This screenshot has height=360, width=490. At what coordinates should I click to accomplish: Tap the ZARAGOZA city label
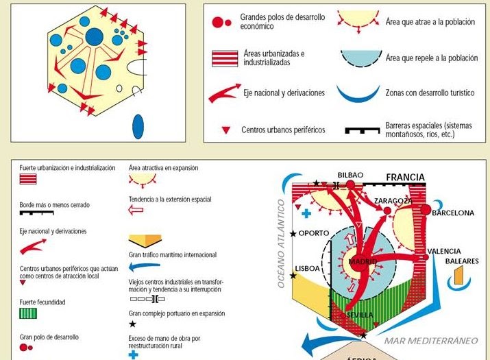[x=393, y=200]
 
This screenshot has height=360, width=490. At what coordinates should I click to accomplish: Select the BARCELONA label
[x=452, y=213]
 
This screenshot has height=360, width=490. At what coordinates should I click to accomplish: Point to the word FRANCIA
[x=405, y=177]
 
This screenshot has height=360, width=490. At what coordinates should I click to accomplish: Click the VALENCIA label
[x=443, y=251]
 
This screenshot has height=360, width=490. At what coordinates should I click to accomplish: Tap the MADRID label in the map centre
[x=362, y=261]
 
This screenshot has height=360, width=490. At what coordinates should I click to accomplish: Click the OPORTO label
[x=314, y=233]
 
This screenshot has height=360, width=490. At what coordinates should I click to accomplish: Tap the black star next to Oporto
[x=293, y=234]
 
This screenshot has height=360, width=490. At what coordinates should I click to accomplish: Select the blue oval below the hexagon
[x=138, y=126]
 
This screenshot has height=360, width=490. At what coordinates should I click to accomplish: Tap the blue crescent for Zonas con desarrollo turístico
[x=361, y=93]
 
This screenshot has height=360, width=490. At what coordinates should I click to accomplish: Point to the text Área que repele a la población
[x=432, y=58]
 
